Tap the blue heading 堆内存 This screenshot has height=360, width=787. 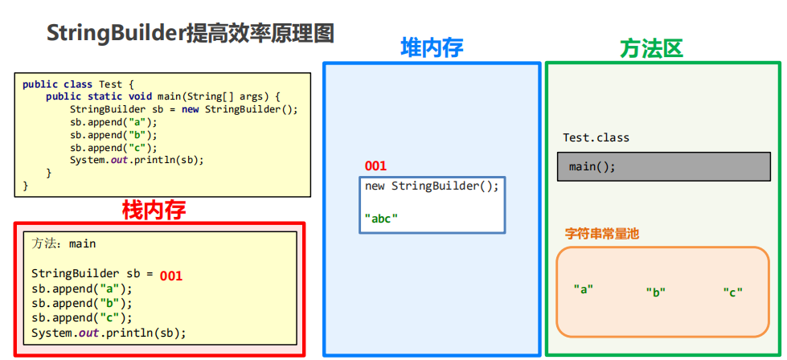(x=432, y=47)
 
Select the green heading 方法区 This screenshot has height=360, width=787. (x=651, y=49)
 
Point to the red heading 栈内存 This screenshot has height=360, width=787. (x=154, y=211)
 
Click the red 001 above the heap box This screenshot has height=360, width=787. (x=375, y=166)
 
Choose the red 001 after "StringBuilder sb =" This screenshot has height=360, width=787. (x=171, y=276)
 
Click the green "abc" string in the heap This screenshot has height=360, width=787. (x=381, y=218)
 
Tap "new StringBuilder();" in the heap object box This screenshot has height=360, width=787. (x=432, y=186)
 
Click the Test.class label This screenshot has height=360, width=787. (x=596, y=137)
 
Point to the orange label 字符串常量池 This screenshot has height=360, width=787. (x=602, y=234)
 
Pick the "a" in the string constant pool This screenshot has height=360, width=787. (x=583, y=288)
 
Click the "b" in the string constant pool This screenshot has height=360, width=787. (x=655, y=292)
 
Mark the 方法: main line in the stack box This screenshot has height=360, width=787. (x=64, y=243)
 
